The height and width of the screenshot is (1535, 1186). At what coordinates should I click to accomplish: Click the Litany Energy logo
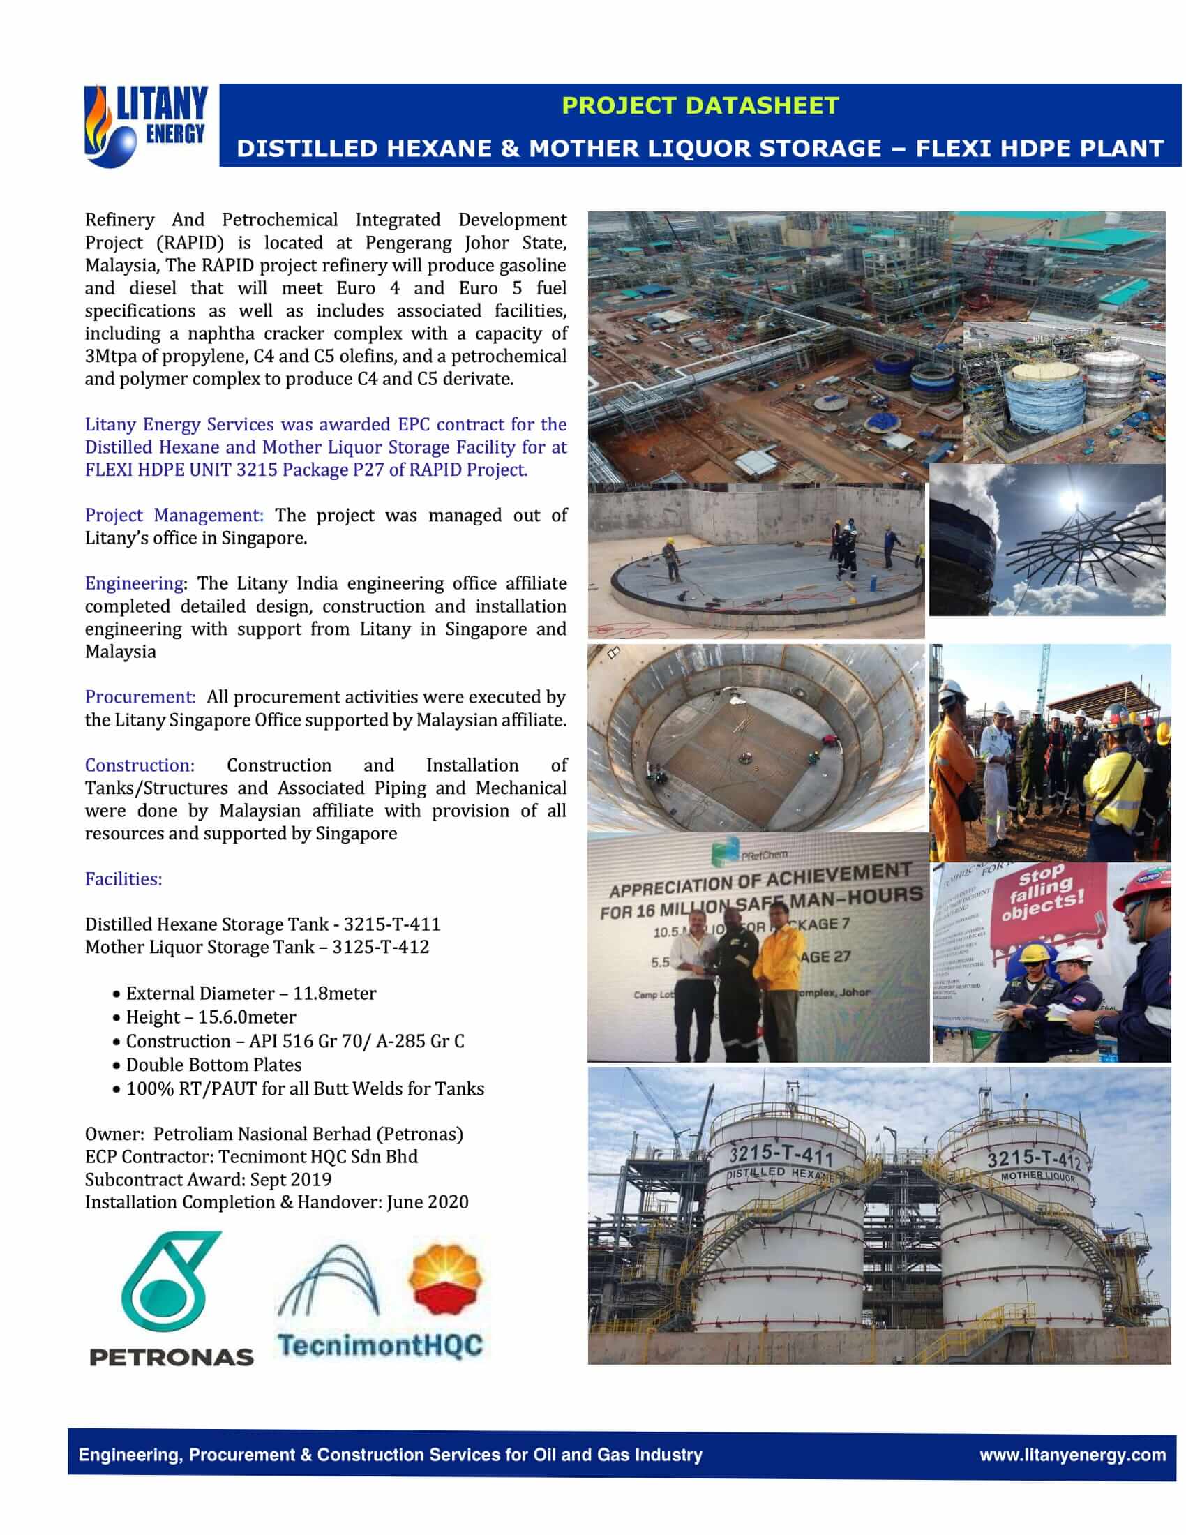145,125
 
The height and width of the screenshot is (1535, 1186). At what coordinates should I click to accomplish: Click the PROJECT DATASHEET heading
700,105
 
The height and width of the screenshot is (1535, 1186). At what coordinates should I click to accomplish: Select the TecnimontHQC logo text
380,1345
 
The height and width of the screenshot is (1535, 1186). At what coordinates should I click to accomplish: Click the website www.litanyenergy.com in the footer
1072,1454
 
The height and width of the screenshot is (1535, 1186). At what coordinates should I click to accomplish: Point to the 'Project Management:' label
174,515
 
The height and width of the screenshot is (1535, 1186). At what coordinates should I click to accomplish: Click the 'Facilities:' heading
123,879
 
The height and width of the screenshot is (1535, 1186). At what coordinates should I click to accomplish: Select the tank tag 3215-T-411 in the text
392,924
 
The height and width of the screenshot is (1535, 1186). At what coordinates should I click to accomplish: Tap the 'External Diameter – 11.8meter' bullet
251,993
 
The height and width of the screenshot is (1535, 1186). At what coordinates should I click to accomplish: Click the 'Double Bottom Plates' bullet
213,1065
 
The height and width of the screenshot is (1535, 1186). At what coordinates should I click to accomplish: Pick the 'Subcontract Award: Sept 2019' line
208,1179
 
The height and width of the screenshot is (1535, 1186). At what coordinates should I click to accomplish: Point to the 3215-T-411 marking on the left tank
780,1153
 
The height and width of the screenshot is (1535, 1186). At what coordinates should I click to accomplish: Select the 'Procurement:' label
140,697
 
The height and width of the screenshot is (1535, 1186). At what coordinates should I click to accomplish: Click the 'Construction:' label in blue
139,765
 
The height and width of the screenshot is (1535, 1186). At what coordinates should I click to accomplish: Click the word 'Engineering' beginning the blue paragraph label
133,583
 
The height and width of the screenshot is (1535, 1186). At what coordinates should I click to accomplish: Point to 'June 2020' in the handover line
427,1202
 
